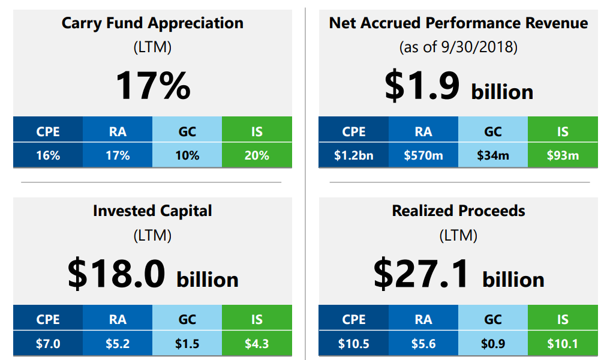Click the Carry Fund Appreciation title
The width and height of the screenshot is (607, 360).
[x=152, y=23]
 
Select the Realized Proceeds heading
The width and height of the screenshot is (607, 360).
[x=458, y=211]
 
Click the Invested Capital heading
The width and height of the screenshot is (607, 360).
[x=152, y=211]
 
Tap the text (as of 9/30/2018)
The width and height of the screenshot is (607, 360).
[x=458, y=47]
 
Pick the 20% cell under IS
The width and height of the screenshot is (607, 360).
[x=257, y=155]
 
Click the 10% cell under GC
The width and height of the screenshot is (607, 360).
[x=187, y=155]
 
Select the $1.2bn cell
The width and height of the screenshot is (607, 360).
[x=353, y=155]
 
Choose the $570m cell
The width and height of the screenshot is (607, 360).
[x=423, y=155]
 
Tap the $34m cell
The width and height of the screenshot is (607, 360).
[x=493, y=155]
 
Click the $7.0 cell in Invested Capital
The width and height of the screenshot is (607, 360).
[x=48, y=344]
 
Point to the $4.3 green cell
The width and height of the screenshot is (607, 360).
[x=257, y=344]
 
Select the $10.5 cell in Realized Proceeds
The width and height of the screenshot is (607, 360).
[x=353, y=344]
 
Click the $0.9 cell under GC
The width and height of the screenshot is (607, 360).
[x=493, y=344]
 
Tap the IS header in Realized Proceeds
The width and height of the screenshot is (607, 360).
[x=563, y=320]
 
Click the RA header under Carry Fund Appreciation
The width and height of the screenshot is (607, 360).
[x=118, y=131]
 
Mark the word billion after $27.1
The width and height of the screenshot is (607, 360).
[x=513, y=280]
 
